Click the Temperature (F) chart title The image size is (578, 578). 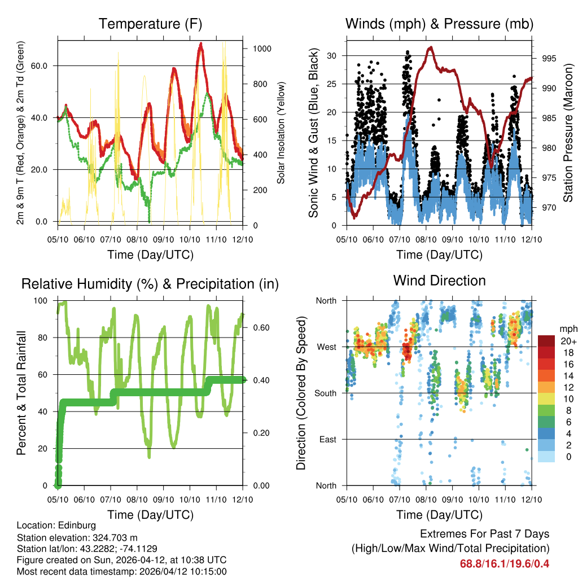click(x=150, y=24)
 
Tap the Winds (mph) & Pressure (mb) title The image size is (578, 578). click(x=439, y=24)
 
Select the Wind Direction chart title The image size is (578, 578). click(x=439, y=280)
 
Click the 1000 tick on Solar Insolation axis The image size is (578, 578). click(x=262, y=49)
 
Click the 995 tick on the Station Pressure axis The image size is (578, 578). click(x=548, y=58)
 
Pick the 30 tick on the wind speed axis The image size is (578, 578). click(x=332, y=55)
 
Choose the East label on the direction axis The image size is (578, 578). click(x=328, y=439)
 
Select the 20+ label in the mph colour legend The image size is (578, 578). click(x=567, y=341)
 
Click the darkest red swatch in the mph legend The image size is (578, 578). click(x=546, y=341)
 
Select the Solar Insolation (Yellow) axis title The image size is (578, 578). click(x=281, y=133)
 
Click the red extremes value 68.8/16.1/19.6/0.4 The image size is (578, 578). click(x=505, y=563)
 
